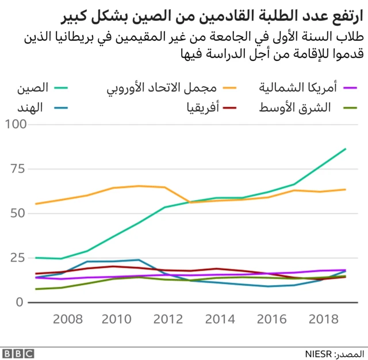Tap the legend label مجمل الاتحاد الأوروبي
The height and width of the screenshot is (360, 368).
(163, 89)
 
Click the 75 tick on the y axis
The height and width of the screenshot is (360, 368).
(18, 169)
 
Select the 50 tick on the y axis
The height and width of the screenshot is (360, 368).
(18, 213)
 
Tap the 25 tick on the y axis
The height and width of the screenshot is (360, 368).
(18, 258)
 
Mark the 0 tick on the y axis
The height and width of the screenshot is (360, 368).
(21, 302)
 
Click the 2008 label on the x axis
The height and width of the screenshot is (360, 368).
(67, 318)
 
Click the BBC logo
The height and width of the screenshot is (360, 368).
(18, 352)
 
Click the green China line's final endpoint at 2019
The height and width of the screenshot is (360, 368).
(346, 149)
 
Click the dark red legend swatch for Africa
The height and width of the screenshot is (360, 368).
(229, 107)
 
